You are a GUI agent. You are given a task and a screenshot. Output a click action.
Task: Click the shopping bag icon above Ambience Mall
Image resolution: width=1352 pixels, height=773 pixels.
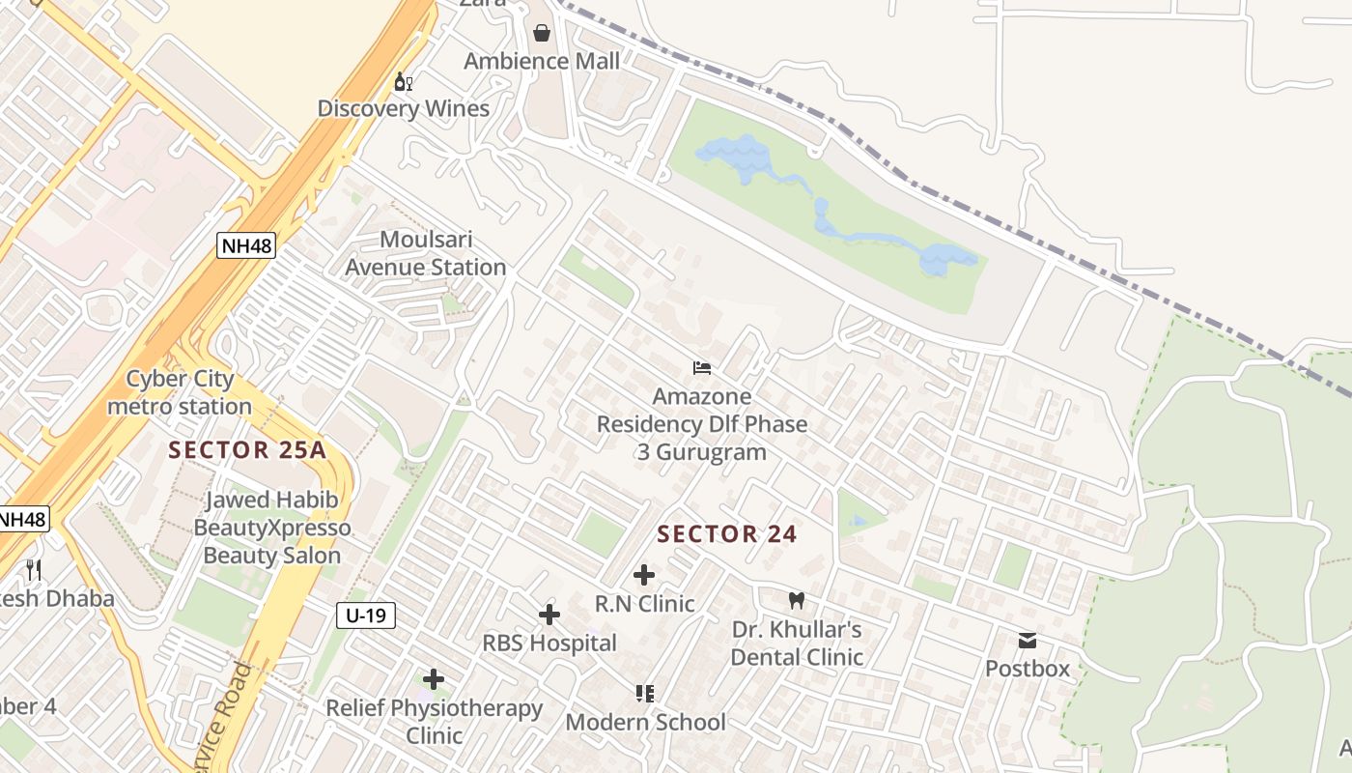(x=542, y=34)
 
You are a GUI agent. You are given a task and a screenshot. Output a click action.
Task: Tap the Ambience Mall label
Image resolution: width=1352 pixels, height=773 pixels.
(x=542, y=61)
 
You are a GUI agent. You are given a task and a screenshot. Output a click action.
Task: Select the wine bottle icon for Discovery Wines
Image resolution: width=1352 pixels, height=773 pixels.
(x=404, y=82)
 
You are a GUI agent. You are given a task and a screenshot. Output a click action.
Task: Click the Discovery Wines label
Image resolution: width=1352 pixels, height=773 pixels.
(x=404, y=108)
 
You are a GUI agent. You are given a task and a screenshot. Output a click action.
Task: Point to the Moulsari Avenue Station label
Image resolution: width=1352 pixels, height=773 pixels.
(x=427, y=253)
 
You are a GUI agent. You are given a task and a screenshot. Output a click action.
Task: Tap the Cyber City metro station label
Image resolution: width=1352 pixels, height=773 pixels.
(x=180, y=392)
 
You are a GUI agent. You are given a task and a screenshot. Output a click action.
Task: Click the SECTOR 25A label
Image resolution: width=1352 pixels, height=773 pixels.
(x=247, y=449)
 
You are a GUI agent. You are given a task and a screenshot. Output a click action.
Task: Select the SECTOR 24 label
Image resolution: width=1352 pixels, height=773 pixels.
(x=727, y=533)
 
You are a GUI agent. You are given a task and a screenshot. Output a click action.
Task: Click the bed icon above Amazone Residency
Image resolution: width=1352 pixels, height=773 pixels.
(x=702, y=368)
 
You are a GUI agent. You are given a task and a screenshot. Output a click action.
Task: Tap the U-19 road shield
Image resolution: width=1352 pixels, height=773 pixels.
(x=366, y=615)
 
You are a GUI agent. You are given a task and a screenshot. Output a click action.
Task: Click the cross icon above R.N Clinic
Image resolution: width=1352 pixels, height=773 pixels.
(x=644, y=576)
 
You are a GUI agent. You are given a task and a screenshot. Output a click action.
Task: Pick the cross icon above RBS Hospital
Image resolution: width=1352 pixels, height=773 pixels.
(x=549, y=615)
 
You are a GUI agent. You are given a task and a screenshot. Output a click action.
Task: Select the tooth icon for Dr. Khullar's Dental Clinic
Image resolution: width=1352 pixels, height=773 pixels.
(x=797, y=600)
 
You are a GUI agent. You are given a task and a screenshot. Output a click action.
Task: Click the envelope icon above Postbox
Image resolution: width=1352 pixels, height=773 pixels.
(x=1028, y=641)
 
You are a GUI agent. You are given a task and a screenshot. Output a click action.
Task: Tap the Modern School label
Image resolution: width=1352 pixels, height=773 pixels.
(x=645, y=722)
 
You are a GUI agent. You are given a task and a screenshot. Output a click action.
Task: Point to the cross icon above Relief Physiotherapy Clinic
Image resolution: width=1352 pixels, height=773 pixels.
(x=434, y=680)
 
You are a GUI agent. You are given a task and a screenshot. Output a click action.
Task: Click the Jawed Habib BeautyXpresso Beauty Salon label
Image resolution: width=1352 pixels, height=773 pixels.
(x=271, y=528)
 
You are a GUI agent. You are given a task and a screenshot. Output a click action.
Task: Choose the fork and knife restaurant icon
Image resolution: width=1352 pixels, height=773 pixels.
(x=34, y=570)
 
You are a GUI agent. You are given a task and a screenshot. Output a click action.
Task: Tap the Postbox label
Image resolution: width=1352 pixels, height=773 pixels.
(x=1028, y=668)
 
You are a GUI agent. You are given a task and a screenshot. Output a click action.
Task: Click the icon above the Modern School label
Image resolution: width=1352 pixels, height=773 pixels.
(x=645, y=694)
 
